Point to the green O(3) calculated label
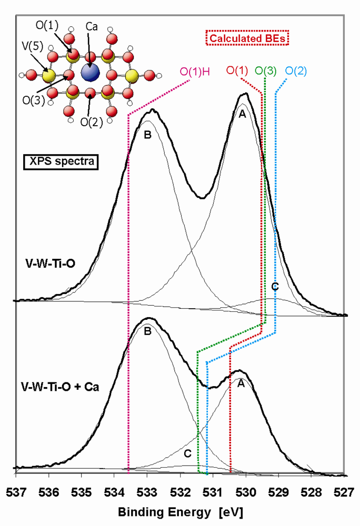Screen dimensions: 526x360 point(266,70)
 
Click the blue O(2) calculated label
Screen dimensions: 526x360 point(296,70)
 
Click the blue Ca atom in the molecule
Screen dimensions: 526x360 point(91,72)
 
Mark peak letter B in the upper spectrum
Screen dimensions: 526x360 point(147,135)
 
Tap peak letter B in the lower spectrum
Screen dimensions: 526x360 point(147,332)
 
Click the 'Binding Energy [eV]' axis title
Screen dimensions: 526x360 point(181,511)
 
